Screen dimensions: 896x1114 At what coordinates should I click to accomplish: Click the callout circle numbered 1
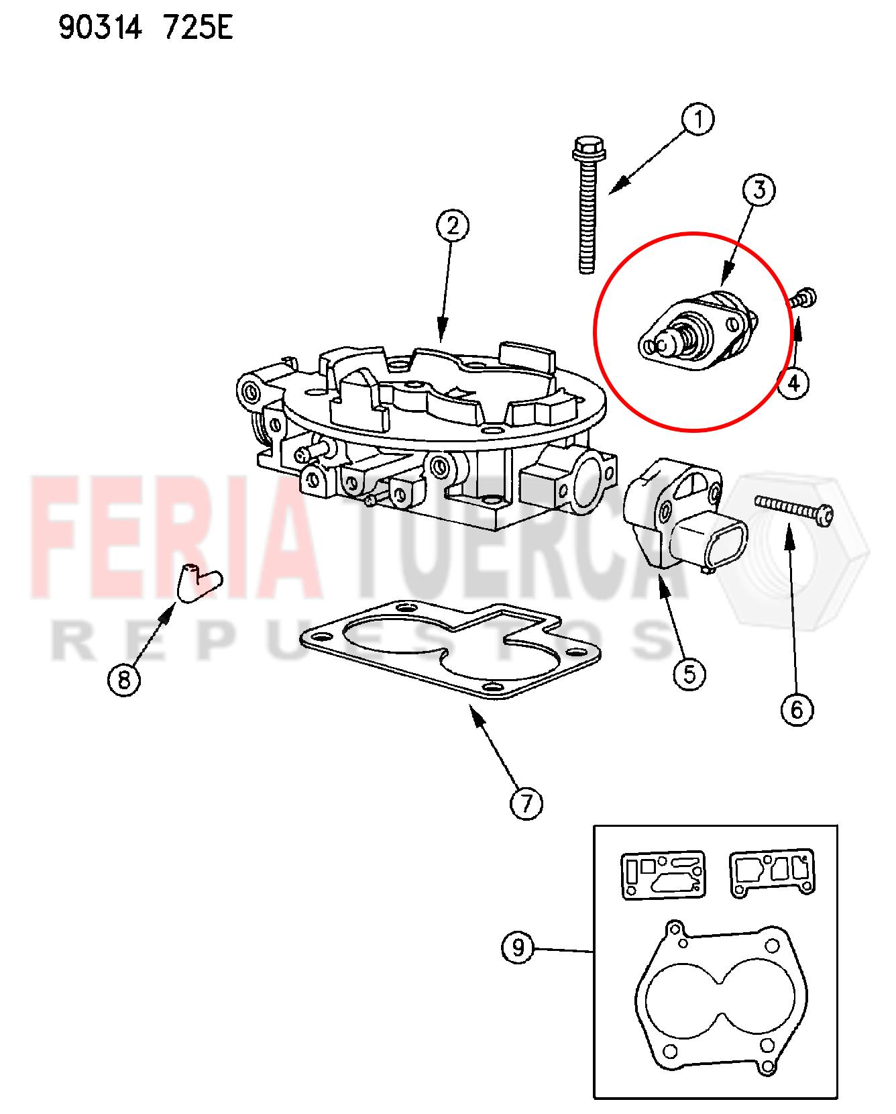pos(698,121)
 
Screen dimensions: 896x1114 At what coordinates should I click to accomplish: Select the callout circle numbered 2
pos(453,226)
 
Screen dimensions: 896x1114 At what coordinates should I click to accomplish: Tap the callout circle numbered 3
pos(759,191)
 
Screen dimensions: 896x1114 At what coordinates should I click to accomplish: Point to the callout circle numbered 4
pos(793,383)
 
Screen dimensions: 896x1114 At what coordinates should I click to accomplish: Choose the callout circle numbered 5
pos(690,673)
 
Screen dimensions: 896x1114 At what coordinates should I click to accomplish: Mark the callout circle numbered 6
pos(797,709)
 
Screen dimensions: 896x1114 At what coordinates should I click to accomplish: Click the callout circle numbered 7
pos(526,803)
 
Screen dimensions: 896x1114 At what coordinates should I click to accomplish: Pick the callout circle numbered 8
pos(124,680)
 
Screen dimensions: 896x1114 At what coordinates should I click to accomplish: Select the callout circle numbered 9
pos(518,948)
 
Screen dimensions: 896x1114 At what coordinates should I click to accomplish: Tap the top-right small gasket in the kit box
pos(773,873)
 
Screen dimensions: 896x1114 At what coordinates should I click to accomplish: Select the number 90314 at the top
pos(100,28)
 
